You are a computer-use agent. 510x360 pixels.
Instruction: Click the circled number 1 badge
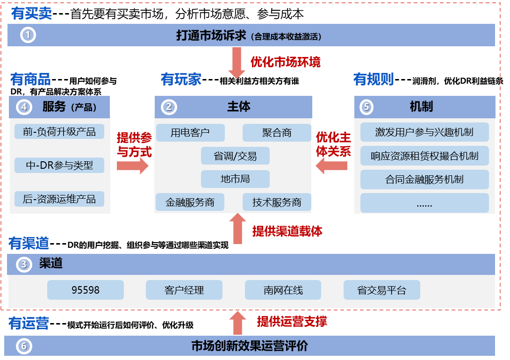tap(28, 35)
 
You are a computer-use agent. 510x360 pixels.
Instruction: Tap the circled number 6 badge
tap(24, 346)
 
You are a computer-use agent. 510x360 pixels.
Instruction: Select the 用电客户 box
tap(190, 133)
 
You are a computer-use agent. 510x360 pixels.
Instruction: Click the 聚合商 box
tap(276, 133)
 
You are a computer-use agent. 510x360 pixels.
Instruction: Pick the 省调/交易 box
tap(235, 156)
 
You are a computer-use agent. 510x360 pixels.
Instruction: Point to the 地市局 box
tap(235, 179)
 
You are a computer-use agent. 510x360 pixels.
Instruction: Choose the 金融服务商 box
tap(190, 202)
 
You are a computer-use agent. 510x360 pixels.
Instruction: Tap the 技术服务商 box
tap(276, 202)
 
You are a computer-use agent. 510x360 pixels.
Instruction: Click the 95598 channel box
tap(86, 290)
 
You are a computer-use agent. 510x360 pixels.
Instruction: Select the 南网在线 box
tap(283, 290)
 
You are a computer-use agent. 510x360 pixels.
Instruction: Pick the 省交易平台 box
tap(381, 290)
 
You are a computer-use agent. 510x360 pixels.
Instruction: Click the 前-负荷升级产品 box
tap(59, 132)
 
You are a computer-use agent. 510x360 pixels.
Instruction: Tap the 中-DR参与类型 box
tap(59, 165)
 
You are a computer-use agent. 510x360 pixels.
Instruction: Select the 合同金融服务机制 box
tap(424, 180)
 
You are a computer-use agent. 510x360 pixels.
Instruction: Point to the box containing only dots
tap(424, 203)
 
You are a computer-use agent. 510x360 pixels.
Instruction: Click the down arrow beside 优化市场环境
tap(237, 64)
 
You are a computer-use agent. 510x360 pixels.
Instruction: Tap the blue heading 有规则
tap(373, 79)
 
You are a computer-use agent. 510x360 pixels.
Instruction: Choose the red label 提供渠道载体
tap(287, 231)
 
